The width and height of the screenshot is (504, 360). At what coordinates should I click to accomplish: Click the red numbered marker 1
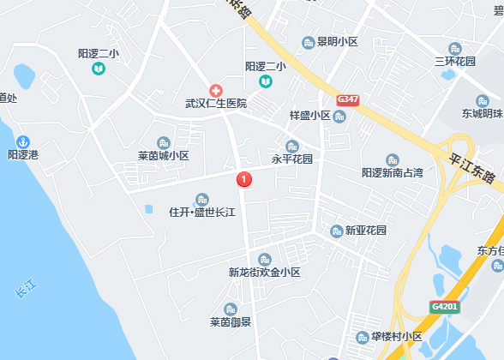[243, 179]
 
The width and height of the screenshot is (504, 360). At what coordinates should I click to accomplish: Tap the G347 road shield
[348, 99]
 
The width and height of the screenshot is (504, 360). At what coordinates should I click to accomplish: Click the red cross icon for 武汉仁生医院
[216, 90]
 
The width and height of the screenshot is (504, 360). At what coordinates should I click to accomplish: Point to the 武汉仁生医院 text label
[216, 104]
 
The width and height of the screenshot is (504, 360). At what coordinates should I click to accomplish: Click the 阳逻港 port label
[23, 155]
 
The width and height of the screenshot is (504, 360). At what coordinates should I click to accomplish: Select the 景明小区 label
[336, 41]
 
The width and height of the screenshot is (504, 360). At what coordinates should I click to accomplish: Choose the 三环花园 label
[454, 61]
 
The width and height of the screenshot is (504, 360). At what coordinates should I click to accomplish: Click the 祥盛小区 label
[309, 116]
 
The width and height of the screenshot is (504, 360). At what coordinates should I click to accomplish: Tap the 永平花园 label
[292, 159]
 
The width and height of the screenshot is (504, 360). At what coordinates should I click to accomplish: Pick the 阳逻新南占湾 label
[393, 172]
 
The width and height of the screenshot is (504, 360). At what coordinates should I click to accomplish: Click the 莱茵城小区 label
[163, 156]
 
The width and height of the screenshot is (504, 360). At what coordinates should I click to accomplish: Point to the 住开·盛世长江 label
[202, 212]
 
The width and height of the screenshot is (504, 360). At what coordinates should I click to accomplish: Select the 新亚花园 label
[365, 231]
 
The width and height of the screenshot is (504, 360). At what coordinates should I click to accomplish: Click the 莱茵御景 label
[230, 322]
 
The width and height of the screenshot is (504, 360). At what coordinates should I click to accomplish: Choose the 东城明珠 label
[482, 113]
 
